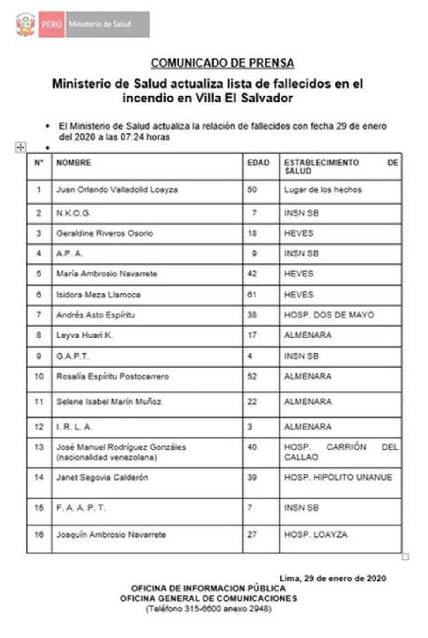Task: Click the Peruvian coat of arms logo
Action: pos(25,24)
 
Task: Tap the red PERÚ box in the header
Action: pos(52,24)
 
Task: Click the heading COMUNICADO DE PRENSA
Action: pos(222,63)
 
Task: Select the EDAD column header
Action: pos(258,163)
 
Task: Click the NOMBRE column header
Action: pos(73,163)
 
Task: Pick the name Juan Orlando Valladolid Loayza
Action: pos(117,190)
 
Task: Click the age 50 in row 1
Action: pos(252,190)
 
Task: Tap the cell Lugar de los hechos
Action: pos(323,190)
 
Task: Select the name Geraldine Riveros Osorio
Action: pos(104,233)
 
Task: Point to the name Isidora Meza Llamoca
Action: pos(98,295)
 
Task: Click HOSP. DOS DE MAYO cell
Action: pos(329,315)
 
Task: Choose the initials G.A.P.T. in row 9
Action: pos(72,356)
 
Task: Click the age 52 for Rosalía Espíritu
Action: pos(252,376)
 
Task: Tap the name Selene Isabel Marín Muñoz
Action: pos(108,402)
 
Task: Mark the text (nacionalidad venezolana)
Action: pos(107,457)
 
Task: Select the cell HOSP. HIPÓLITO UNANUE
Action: pos(338,478)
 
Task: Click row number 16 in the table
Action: pos(39,535)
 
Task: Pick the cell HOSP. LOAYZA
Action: pos(315,535)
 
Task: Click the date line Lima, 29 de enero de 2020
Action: pos(332,578)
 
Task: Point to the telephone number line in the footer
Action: pos(208,609)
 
